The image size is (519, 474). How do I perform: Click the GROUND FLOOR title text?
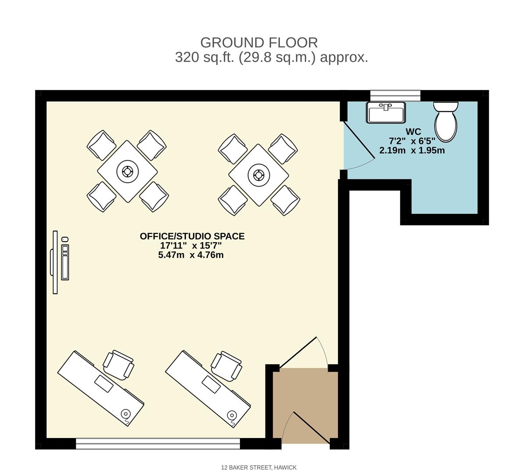point(259,43)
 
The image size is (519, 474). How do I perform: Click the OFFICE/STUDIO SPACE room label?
point(192,236)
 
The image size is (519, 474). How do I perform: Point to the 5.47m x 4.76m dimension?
point(191,255)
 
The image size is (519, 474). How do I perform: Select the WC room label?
point(413,132)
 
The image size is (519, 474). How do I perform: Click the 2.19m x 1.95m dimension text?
point(412,151)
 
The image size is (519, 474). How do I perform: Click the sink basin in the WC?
point(386,113)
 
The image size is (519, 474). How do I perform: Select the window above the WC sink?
point(395,95)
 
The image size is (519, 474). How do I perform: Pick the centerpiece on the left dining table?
point(127,171)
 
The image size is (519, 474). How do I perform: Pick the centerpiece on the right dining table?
point(258,175)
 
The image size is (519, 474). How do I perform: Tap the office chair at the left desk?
point(118,364)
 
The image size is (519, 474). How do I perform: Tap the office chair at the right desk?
point(226,365)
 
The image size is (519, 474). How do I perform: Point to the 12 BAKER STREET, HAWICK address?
point(259,467)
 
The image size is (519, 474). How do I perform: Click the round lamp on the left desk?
point(126,414)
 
